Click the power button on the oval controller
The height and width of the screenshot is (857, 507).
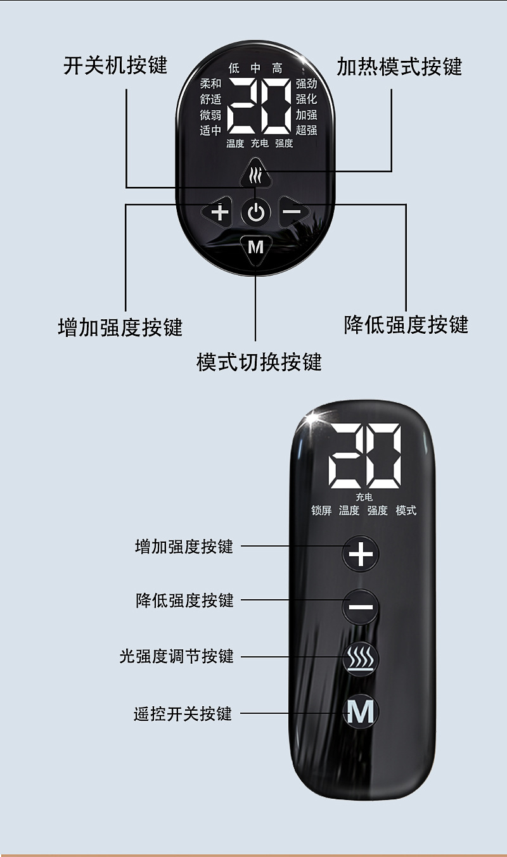[x=256, y=213]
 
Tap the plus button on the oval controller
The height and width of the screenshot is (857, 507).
[x=219, y=212]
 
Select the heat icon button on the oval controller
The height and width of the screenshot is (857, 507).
[x=255, y=175]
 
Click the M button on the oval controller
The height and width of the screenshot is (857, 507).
[x=256, y=248]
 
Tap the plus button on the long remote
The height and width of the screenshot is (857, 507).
[x=361, y=555]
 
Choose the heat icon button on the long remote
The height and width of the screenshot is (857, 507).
[x=361, y=659]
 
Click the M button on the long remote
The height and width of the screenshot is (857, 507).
[x=361, y=713]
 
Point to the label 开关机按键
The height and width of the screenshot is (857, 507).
[x=115, y=65]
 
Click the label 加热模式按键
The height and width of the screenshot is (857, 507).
[x=399, y=67]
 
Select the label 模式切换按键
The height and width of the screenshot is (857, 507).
[x=259, y=362]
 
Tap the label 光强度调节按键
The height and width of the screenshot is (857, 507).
[x=177, y=656]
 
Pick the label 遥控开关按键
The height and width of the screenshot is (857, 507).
[x=183, y=714]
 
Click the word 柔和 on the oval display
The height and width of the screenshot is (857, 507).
[x=210, y=84]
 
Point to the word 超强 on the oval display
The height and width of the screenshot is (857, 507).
[x=306, y=130]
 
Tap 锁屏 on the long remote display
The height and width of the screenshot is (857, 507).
[x=321, y=511]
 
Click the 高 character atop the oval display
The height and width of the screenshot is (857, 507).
[x=277, y=68]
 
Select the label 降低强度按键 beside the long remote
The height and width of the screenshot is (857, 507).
[x=184, y=600]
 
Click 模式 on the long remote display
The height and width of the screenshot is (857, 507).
[x=406, y=511]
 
